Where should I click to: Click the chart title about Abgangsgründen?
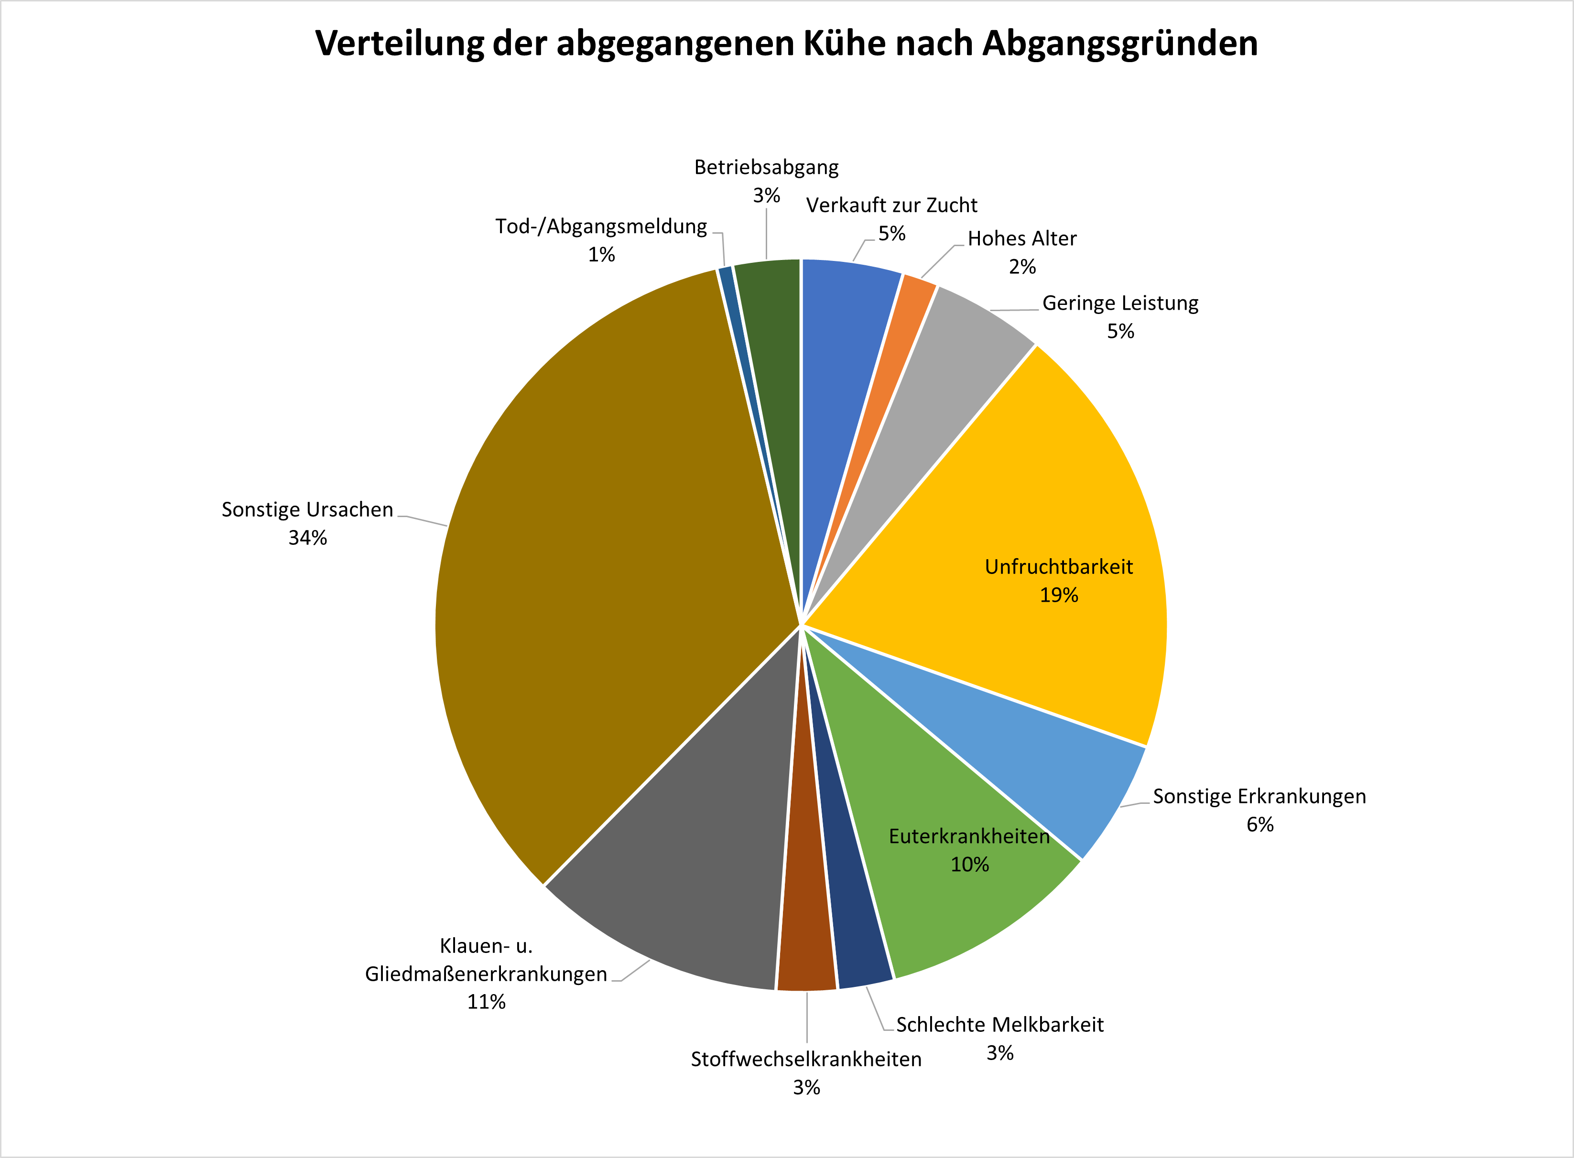pos(786,43)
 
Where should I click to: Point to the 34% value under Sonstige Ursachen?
pos(308,538)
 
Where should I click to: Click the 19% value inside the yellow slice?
pos(1059,595)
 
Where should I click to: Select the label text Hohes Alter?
pos(1021,239)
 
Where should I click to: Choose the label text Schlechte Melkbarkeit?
pos(1000,1025)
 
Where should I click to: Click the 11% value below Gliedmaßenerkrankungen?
pos(487,1002)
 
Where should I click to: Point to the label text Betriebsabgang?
pos(766,168)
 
